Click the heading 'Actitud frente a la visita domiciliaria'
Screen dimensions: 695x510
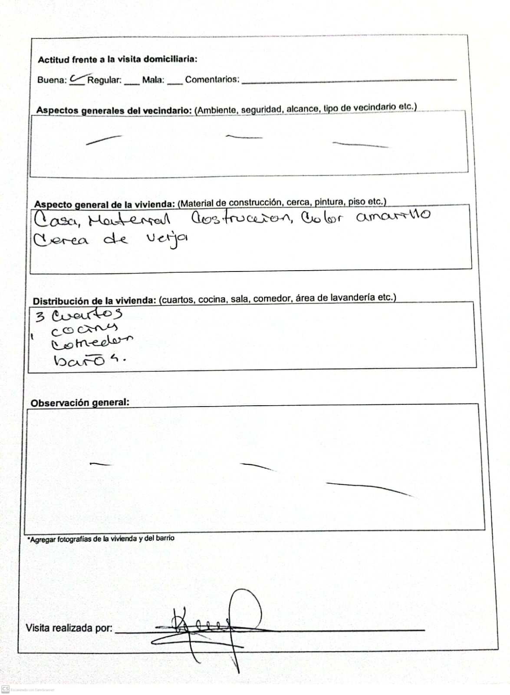pos(117,60)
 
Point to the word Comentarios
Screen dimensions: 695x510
pos(212,79)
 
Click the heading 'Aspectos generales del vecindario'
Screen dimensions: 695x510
pos(114,110)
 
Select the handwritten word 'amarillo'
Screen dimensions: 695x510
pos(393,215)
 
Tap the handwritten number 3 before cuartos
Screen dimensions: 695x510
pos(40,316)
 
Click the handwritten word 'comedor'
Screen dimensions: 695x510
pos(92,344)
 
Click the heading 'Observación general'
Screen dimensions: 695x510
pos(80,403)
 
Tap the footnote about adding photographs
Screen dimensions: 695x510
pos(101,539)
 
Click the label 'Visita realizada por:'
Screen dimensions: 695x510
pos(69,628)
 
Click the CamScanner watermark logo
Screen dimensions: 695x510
pos(6,689)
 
